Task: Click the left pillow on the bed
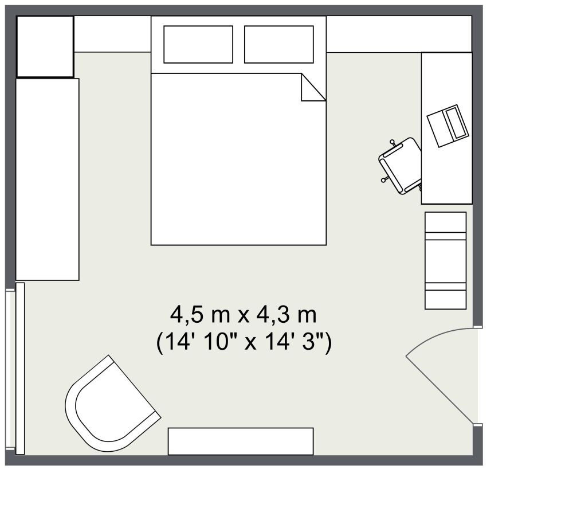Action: click(198, 44)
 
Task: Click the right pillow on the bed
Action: click(279, 44)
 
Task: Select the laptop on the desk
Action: click(449, 126)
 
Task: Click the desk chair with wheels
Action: click(402, 165)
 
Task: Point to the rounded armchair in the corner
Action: click(109, 404)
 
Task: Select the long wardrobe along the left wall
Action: click(47, 179)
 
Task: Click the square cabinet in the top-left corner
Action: click(45, 46)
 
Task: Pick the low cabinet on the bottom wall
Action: click(241, 441)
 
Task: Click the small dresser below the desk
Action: click(445, 260)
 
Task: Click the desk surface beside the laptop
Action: click(447, 178)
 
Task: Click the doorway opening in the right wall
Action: click(477, 376)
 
